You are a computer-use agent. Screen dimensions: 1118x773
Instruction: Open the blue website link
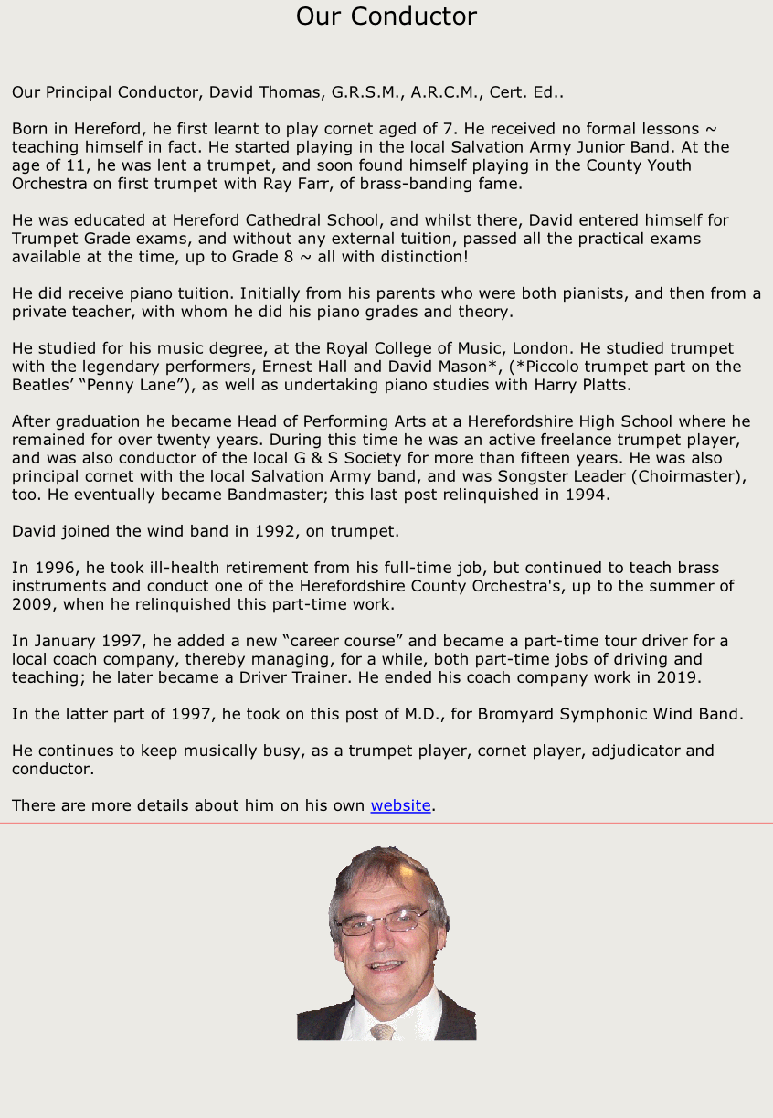point(400,805)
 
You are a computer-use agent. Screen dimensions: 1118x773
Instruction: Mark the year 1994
point(586,495)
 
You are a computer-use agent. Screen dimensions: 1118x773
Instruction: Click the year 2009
point(32,604)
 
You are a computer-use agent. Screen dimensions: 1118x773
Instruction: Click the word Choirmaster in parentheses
point(684,476)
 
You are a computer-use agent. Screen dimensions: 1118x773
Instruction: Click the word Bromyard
point(512,714)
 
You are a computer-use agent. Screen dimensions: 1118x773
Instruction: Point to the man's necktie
point(383,1032)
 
